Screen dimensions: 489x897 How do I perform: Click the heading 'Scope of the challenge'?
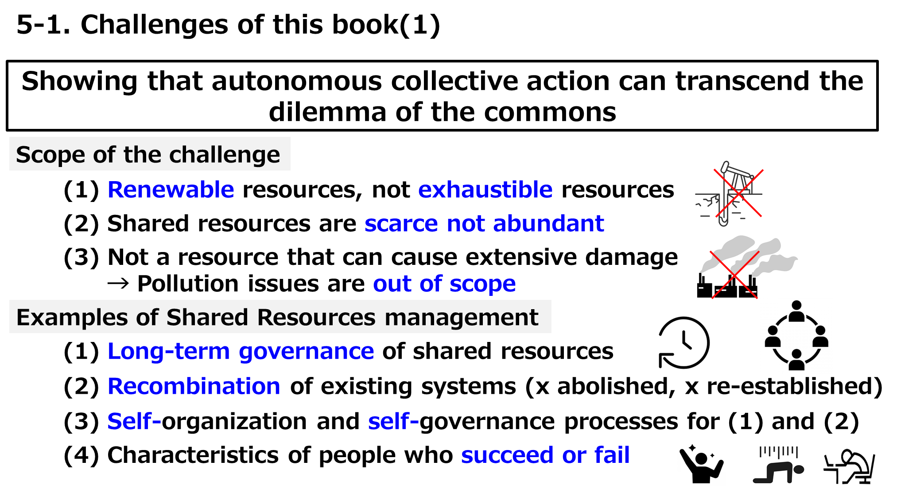point(148,155)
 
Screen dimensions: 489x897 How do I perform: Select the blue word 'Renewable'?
point(171,190)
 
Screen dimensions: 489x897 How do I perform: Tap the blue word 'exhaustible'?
point(485,190)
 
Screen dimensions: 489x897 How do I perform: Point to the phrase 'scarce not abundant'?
point(484,224)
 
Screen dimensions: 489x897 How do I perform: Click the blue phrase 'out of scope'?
point(444,284)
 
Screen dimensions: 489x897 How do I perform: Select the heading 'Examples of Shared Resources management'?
point(277,317)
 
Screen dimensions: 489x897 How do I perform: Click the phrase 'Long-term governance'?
point(241,352)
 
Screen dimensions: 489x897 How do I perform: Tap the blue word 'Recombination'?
point(194,386)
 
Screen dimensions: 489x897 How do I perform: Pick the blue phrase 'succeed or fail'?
point(545,455)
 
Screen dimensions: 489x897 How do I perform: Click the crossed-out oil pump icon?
point(726,193)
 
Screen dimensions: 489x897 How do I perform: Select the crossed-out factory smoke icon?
point(746,267)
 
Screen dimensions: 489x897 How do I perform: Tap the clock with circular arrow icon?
point(683,342)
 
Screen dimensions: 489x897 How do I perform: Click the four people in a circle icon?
point(796,336)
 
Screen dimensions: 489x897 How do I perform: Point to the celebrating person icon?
point(700,464)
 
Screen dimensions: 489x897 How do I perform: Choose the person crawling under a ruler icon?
point(778,465)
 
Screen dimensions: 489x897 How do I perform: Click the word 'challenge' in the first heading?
point(225,155)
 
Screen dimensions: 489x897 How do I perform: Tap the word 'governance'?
point(306,352)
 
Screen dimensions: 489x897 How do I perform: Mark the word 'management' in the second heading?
point(461,317)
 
